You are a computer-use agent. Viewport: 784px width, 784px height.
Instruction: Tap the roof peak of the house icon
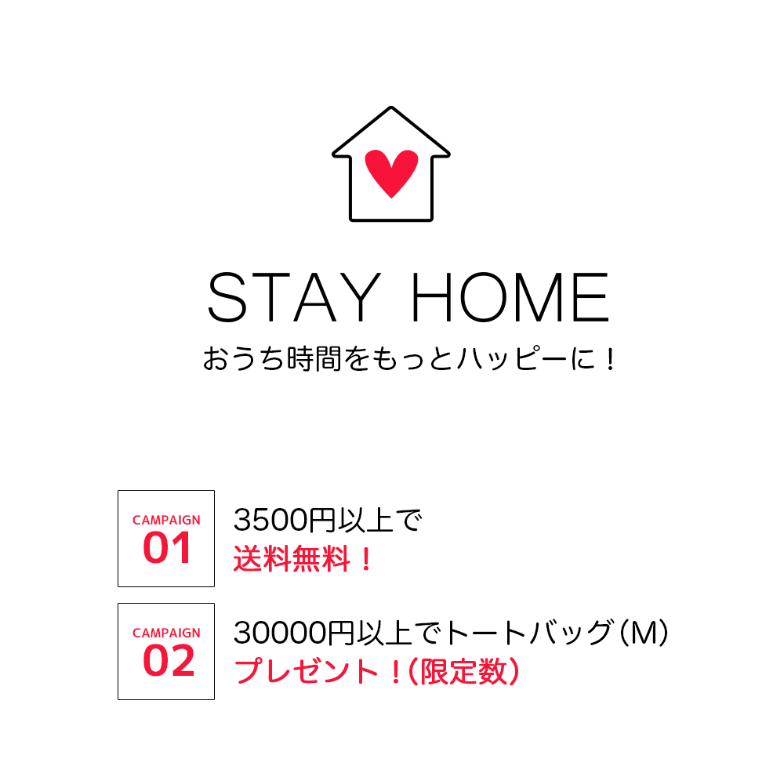pyautogui.click(x=391, y=107)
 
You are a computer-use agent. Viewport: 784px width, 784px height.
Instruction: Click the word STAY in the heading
pyautogui.click(x=294, y=297)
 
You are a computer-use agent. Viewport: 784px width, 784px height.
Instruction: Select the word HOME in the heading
pyautogui.click(x=510, y=297)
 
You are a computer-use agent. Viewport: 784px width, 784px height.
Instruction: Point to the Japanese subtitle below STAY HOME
pyautogui.click(x=409, y=358)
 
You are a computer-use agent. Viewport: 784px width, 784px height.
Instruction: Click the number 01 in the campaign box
pyautogui.click(x=166, y=548)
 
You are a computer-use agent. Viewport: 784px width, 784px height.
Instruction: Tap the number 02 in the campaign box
pyautogui.click(x=169, y=660)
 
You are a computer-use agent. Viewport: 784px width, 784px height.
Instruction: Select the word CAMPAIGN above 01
pyautogui.click(x=166, y=520)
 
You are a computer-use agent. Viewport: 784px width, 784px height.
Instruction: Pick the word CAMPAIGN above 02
pyautogui.click(x=166, y=633)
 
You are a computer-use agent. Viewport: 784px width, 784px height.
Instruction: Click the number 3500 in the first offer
pyautogui.click(x=270, y=520)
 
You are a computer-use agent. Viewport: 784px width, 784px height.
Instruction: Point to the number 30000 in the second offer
pyautogui.click(x=280, y=633)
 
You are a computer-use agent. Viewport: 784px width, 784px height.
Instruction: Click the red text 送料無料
pyautogui.click(x=292, y=558)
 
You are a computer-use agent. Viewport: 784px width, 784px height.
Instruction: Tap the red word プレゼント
pyautogui.click(x=306, y=671)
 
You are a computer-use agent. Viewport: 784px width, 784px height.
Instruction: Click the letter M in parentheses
pyautogui.click(x=644, y=633)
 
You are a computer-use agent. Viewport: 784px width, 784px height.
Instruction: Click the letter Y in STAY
pyautogui.click(x=362, y=297)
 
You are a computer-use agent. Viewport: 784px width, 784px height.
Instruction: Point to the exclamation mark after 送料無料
pyautogui.click(x=366, y=559)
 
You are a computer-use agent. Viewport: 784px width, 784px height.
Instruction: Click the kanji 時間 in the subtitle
pyautogui.click(x=314, y=358)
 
